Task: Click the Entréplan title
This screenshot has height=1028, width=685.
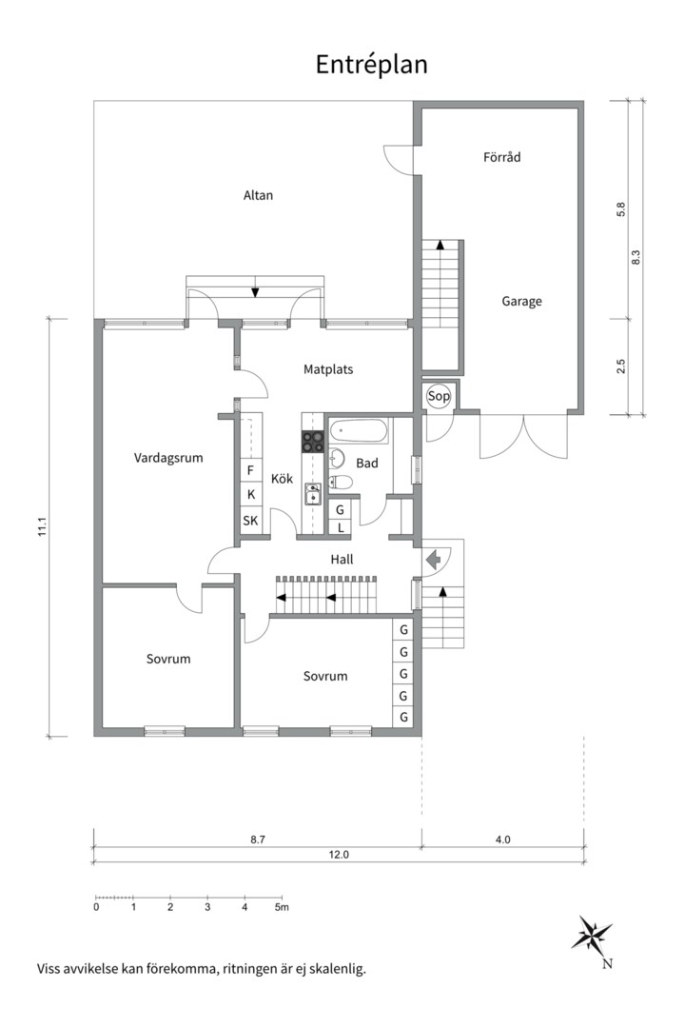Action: (371, 64)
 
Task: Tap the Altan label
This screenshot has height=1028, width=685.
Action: (258, 196)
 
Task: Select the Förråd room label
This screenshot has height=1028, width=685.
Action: (501, 157)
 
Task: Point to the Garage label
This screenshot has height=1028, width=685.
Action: (521, 302)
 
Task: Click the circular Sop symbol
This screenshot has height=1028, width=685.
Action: (439, 396)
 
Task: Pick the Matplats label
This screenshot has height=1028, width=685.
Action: (328, 368)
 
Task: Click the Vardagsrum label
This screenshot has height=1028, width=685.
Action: (168, 457)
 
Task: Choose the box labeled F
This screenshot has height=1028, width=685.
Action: (250, 470)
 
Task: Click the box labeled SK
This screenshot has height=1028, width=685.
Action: (250, 521)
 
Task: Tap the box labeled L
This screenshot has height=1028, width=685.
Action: (340, 527)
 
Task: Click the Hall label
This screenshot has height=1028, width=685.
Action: (341, 560)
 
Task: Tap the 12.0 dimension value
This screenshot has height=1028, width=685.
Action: (339, 855)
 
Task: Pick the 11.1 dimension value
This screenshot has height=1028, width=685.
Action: (42, 527)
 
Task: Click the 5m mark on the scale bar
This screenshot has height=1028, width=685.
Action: (281, 907)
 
